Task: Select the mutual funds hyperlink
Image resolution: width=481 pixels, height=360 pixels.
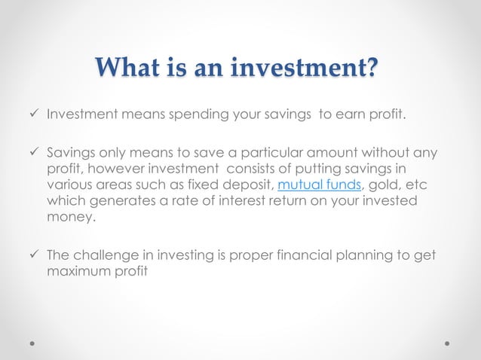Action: pos(310,185)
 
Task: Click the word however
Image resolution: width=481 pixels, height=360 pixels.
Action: pos(106,169)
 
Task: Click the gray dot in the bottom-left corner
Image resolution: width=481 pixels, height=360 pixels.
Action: pos(33,342)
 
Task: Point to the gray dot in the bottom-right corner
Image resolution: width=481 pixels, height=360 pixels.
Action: pos(447,342)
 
